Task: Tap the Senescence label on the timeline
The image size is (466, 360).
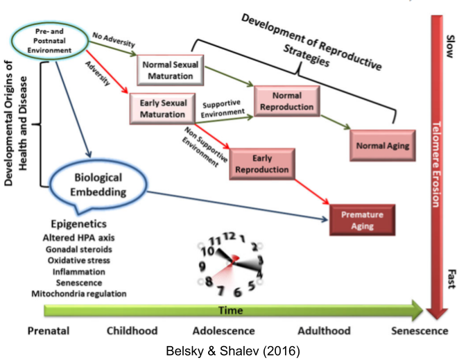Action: pyautogui.click(x=419, y=331)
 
